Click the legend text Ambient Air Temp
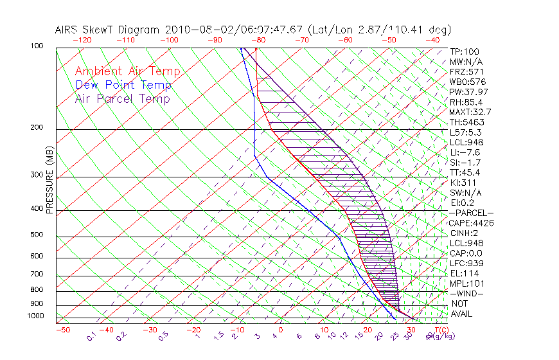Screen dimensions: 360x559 pyautogui.click(x=127, y=72)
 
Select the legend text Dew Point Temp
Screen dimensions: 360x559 pyautogui.click(x=123, y=85)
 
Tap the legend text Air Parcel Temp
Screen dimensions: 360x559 pyautogui.click(x=122, y=99)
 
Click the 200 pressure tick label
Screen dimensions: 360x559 pyautogui.click(x=37, y=128)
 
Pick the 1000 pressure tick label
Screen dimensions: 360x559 pyautogui.click(x=35, y=316)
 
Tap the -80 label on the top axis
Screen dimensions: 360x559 pyautogui.click(x=259, y=40)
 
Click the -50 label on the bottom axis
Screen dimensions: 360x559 pyautogui.click(x=62, y=330)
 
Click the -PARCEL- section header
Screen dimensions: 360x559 pyautogui.click(x=471, y=213)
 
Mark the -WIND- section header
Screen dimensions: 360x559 pyautogui.click(x=467, y=293)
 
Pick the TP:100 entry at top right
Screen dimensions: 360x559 pyautogui.click(x=465, y=51)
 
